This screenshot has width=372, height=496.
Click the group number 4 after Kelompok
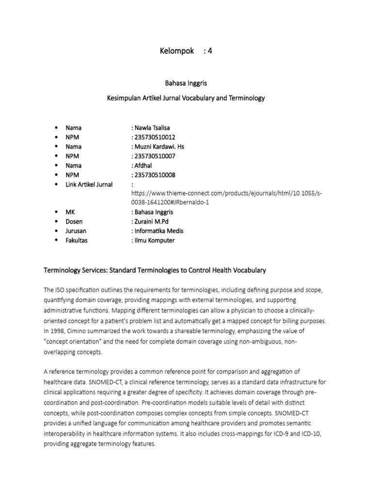point(209,51)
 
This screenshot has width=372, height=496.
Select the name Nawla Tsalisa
point(152,128)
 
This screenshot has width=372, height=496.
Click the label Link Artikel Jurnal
point(89,184)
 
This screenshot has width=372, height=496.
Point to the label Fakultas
point(77,241)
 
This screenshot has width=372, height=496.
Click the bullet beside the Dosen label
point(56,222)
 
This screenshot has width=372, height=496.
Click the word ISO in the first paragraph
point(61,290)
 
